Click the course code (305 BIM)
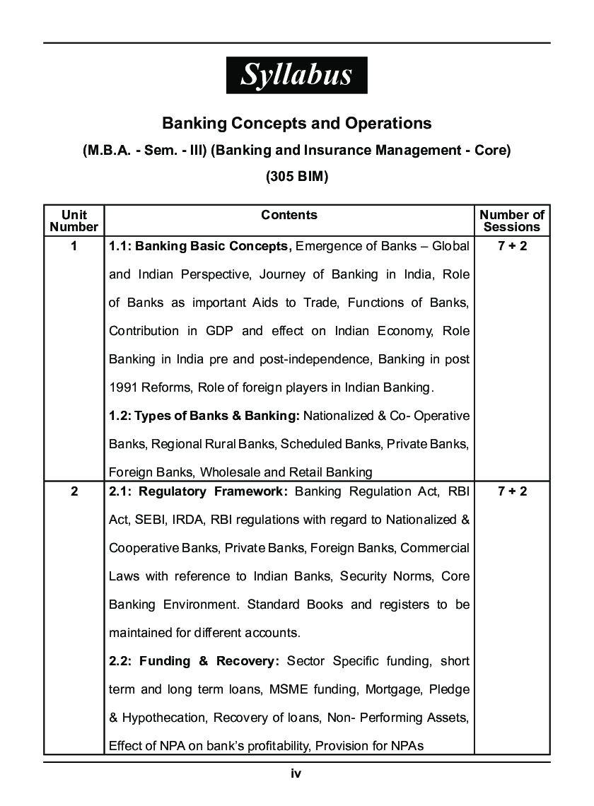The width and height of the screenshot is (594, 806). [x=297, y=177]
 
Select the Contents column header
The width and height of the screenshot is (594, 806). [x=289, y=215]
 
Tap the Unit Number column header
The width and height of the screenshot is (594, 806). [x=74, y=221]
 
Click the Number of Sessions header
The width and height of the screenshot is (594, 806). [x=512, y=221]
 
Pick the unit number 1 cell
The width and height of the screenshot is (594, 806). [x=74, y=246]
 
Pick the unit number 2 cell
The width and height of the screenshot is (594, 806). [x=74, y=491]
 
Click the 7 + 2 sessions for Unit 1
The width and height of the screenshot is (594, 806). [x=512, y=246]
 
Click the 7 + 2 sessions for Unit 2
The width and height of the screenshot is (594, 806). [x=512, y=491]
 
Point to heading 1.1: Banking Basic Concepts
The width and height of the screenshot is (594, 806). [x=200, y=246]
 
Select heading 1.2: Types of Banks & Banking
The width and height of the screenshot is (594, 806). [x=205, y=416]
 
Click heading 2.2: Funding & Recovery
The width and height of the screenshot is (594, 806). [x=194, y=661]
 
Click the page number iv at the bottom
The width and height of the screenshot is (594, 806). [x=296, y=773]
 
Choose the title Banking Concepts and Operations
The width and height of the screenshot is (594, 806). [x=297, y=123]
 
